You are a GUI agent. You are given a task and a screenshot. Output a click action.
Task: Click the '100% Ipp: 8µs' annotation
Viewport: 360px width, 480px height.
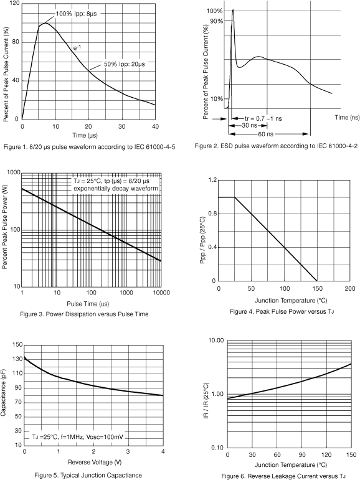point(76,14)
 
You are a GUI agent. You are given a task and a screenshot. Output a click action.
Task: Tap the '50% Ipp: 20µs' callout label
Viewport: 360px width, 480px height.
point(125,64)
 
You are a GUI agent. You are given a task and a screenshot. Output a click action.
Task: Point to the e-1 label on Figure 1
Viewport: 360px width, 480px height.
point(77,48)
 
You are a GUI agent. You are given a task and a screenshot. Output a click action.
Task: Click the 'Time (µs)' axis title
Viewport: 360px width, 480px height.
point(85,135)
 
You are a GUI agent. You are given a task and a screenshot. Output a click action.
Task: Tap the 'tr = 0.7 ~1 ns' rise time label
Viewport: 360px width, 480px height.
point(263,118)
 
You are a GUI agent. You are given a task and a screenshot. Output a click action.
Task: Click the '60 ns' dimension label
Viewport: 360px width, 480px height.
point(265,134)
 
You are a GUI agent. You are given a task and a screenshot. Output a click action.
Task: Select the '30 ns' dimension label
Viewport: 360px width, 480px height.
point(249,126)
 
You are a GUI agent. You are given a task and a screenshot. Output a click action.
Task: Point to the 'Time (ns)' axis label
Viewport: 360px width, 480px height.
point(347,117)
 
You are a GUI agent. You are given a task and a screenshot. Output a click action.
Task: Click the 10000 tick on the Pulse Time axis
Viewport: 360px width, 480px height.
point(161,293)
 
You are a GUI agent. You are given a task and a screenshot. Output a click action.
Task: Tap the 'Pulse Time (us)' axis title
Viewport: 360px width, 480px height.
point(88,304)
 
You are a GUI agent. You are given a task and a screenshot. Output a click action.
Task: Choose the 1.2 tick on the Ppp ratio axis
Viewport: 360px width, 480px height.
point(212,180)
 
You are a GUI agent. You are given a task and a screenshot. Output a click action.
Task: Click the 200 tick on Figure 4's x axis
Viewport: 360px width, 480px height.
point(349,288)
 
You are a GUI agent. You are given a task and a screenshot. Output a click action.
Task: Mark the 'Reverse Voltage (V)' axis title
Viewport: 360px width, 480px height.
point(95,462)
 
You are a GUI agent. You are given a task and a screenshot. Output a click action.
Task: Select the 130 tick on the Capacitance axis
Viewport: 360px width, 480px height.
point(17,359)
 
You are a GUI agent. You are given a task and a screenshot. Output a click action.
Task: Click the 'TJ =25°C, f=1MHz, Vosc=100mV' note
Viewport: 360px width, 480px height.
point(78,437)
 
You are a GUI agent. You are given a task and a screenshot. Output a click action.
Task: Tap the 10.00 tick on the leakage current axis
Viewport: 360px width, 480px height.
point(216,341)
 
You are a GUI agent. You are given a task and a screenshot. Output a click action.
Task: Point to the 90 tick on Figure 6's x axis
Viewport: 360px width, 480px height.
point(302,454)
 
